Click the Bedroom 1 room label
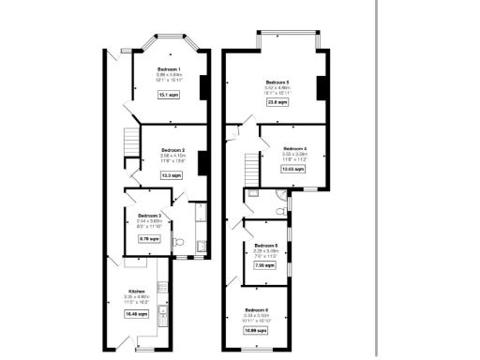tap(169, 71)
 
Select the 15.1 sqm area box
tap(169, 96)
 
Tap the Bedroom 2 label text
tap(172, 150)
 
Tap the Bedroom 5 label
tap(277, 82)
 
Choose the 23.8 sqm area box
tap(277, 104)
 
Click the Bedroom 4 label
tap(294, 148)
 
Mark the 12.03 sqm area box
tap(293, 170)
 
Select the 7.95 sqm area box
tap(264, 266)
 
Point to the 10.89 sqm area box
tap(257, 330)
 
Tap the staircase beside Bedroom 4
tap(249, 170)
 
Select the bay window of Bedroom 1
tap(169, 40)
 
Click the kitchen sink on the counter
tap(162, 310)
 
